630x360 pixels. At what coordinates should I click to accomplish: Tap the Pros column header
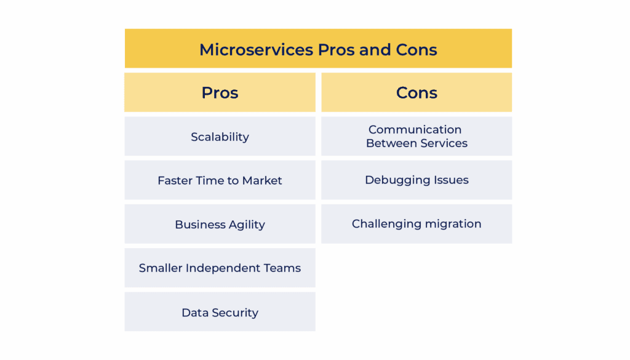(x=220, y=93)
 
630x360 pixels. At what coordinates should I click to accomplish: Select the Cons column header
(x=417, y=93)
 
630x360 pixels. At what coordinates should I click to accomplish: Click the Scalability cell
(x=220, y=137)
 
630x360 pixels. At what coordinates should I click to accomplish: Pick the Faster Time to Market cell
(x=220, y=180)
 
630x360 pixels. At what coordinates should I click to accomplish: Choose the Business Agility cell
(x=220, y=225)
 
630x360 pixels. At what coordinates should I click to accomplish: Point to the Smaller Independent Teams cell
(x=220, y=268)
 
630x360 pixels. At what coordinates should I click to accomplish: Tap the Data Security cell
(x=220, y=313)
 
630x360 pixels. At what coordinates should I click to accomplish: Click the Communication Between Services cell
(x=417, y=136)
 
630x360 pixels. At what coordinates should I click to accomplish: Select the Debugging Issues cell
(x=417, y=180)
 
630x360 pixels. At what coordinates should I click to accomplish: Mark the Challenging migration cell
(x=417, y=224)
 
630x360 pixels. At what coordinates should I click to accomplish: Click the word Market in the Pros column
(x=262, y=180)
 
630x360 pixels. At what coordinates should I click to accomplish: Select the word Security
(x=234, y=313)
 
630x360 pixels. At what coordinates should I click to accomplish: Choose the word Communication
(x=415, y=129)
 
